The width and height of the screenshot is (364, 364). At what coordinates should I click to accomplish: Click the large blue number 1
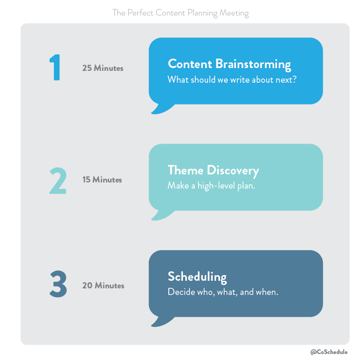pyautogui.click(x=55, y=67)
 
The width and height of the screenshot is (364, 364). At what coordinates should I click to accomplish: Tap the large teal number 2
pyautogui.click(x=58, y=181)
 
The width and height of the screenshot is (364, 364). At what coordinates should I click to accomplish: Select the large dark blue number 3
pyautogui.click(x=58, y=284)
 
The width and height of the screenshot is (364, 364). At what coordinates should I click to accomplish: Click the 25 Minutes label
pyautogui.click(x=103, y=68)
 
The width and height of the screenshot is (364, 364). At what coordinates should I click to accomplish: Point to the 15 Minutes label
pyautogui.click(x=102, y=180)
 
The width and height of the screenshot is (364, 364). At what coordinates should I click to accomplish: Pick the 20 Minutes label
pyautogui.click(x=103, y=286)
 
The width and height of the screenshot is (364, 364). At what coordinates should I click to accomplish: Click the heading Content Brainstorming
pyautogui.click(x=229, y=64)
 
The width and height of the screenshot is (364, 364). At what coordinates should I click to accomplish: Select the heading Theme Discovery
pyautogui.click(x=213, y=171)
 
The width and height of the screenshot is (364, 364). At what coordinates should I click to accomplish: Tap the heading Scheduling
pyautogui.click(x=197, y=277)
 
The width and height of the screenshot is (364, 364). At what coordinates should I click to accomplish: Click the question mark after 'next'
pyautogui.click(x=295, y=79)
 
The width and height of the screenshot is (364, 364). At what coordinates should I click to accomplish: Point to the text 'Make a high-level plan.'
pyautogui.click(x=211, y=186)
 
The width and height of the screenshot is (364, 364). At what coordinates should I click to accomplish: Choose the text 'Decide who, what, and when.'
pyautogui.click(x=223, y=292)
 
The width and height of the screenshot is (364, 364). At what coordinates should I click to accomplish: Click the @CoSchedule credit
pyautogui.click(x=329, y=352)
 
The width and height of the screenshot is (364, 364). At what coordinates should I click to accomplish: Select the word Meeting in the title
pyautogui.click(x=234, y=13)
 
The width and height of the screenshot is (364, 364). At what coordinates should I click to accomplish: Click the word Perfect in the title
pyautogui.click(x=140, y=13)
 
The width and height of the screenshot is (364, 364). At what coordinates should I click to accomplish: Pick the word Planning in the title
pyautogui.click(x=202, y=13)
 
